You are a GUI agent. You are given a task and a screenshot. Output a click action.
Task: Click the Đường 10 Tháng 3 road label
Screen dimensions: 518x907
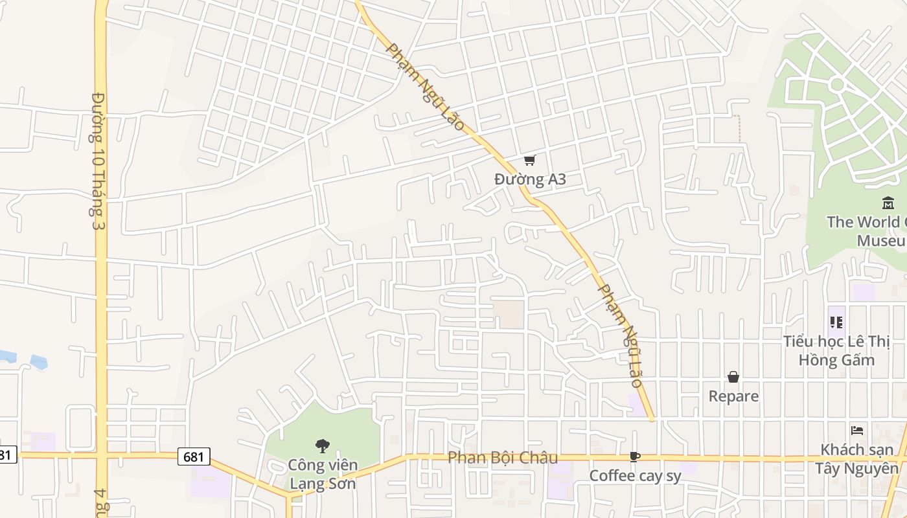point(98,161)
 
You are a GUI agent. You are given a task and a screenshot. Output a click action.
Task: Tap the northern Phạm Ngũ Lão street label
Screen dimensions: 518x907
point(426,87)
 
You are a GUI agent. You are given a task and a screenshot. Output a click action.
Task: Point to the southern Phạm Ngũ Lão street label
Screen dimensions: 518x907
point(620,335)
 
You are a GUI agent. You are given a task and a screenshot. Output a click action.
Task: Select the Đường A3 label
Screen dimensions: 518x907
point(530,179)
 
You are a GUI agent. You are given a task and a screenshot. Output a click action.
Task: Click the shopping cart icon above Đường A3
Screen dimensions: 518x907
point(530,160)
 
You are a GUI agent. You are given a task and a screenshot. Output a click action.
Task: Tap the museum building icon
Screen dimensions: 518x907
point(888,204)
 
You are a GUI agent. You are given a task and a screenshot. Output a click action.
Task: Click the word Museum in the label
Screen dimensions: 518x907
point(880,241)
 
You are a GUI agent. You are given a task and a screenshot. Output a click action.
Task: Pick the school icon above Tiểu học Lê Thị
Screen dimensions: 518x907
point(836,322)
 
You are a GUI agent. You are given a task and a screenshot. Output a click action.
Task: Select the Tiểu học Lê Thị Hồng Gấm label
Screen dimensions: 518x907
point(836,350)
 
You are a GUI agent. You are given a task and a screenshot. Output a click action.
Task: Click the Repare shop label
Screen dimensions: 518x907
point(733,396)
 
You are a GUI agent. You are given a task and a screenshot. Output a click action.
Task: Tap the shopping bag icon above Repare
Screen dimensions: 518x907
point(733,377)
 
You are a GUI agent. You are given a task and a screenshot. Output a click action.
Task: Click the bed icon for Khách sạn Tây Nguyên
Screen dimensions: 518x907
point(857,431)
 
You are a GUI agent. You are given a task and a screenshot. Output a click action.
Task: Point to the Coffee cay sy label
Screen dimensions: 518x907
point(635,476)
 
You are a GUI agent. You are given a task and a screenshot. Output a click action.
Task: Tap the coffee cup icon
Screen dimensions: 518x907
point(635,457)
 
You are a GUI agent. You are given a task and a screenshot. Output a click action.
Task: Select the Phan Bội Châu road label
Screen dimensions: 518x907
point(503,458)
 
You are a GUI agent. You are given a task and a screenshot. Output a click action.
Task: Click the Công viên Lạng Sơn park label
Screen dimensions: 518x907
point(322,474)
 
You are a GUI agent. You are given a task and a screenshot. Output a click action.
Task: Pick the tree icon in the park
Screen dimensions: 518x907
point(322,445)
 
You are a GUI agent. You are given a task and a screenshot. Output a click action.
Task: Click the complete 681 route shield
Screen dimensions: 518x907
point(193,456)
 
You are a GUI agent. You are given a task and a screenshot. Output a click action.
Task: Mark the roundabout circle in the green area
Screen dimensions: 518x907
point(837,84)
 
